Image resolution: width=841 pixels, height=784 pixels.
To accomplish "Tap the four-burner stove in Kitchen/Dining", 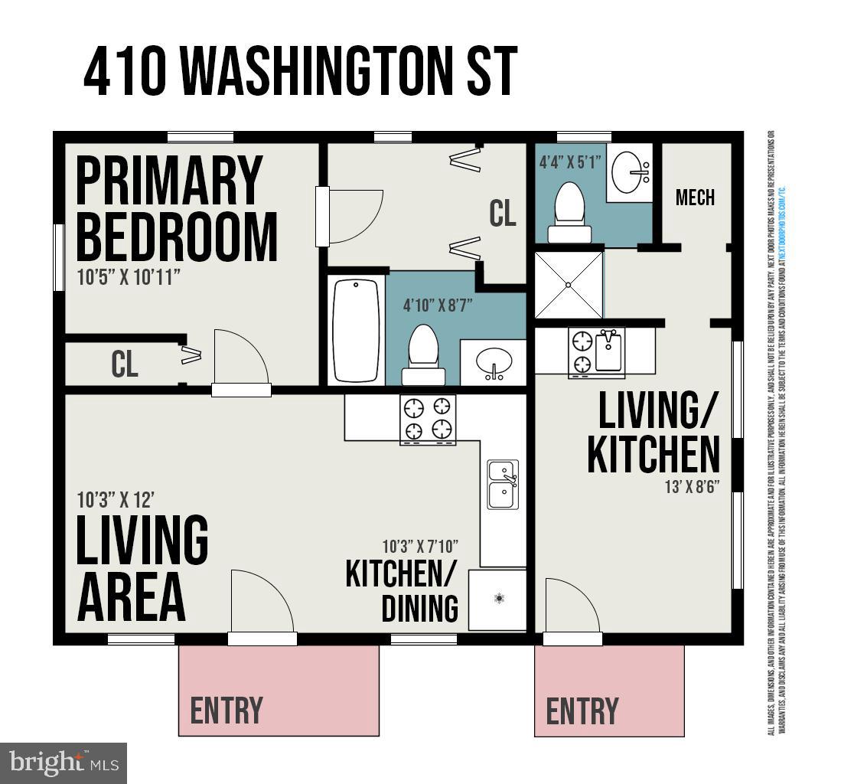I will click(428, 420).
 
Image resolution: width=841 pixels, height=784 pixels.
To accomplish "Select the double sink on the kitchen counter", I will click(503, 484).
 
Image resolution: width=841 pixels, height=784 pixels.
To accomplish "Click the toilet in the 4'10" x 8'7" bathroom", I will click(423, 354).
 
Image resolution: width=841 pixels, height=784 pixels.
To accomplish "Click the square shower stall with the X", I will click(568, 285).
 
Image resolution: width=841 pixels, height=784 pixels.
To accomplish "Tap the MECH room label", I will click(695, 198).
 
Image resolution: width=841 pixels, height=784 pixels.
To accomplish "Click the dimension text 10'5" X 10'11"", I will click(129, 277).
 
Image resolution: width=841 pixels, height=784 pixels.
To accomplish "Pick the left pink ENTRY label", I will click(227, 710).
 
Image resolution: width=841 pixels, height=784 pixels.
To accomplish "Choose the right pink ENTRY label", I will click(582, 710).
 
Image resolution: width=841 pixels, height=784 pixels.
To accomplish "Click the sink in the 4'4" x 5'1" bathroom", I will click(631, 170).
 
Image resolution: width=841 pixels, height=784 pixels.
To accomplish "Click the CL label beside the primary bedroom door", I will click(125, 364).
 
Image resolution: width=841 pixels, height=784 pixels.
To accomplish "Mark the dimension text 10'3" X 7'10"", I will click(420, 547).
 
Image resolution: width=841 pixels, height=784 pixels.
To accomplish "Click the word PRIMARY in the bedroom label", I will click(169, 181).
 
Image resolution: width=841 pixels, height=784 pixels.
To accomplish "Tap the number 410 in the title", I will click(126, 71).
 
